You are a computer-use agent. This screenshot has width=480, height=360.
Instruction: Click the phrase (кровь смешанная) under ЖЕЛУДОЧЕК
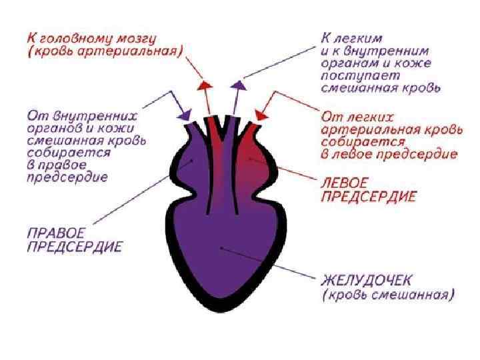(x=387, y=293)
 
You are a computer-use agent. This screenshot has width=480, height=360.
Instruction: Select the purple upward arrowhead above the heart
(x=237, y=85)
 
